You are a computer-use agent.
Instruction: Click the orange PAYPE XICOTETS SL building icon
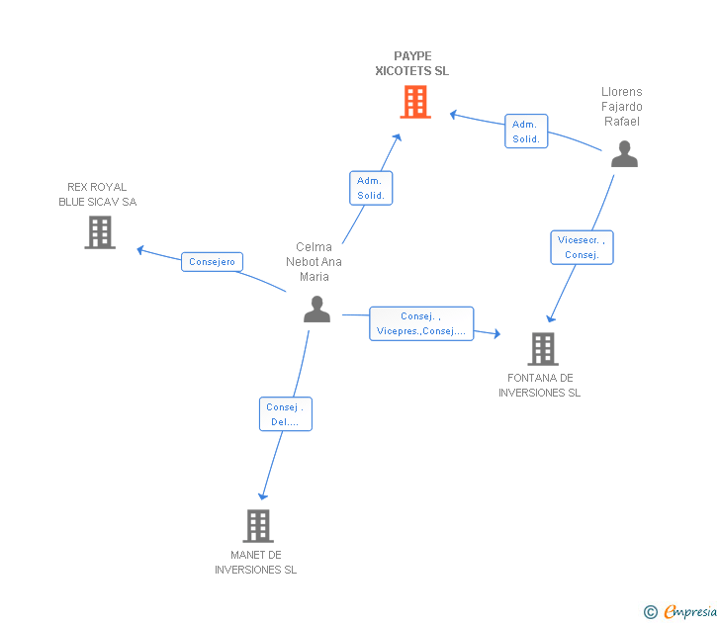pyautogui.click(x=415, y=101)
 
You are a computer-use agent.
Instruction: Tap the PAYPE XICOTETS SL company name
pyautogui.click(x=412, y=63)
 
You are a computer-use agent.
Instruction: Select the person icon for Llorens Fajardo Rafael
pyautogui.click(x=624, y=154)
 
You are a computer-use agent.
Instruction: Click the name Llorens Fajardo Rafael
pyautogui.click(x=621, y=107)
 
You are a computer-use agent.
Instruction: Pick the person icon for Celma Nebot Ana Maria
pyautogui.click(x=316, y=310)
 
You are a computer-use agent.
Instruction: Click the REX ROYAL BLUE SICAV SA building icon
pyautogui.click(x=100, y=232)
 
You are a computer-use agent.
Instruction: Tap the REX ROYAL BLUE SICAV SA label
pyautogui.click(x=97, y=194)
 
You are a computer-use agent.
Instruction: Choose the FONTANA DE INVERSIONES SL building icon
pyautogui.click(x=542, y=348)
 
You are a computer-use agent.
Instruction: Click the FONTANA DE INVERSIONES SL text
pyautogui.click(x=539, y=386)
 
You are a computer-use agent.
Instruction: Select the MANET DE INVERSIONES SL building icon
pyautogui.click(x=258, y=525)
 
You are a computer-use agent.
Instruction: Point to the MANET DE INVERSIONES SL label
pyautogui.click(x=255, y=562)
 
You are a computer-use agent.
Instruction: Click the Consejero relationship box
pyautogui.click(x=212, y=262)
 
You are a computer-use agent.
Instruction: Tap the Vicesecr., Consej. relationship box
pyautogui.click(x=582, y=247)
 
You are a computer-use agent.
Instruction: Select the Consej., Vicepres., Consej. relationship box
pyautogui.click(x=421, y=323)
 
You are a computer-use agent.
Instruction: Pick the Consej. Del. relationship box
pyautogui.click(x=286, y=414)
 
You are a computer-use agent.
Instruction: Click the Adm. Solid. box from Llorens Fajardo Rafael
pyautogui.click(x=526, y=132)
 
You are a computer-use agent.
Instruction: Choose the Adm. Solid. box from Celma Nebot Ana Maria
pyautogui.click(x=371, y=188)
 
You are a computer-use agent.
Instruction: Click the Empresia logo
pyautogui.click(x=690, y=612)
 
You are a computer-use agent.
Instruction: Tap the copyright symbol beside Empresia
pyautogui.click(x=651, y=612)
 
